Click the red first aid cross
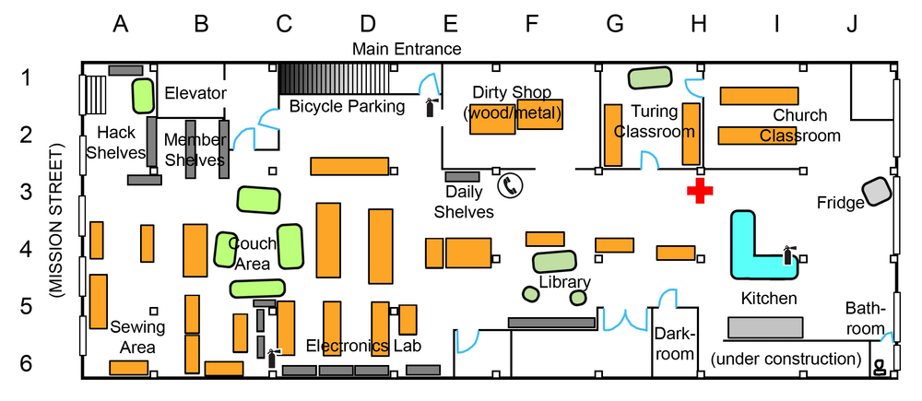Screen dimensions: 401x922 point(700,192)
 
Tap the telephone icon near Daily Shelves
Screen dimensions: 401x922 point(510,186)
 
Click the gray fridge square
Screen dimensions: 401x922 point(877,191)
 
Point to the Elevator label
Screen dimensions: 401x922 point(195,93)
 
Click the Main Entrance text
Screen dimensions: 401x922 point(407,48)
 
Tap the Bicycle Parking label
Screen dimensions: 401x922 point(347,106)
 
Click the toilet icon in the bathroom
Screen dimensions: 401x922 point(880,367)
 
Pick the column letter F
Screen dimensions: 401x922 point(531,24)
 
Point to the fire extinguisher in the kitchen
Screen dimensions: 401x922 point(788,254)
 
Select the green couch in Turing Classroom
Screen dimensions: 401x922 point(650,78)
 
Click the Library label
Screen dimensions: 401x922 point(563,282)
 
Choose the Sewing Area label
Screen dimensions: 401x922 point(136,336)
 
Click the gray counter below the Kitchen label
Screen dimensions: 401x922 point(764,326)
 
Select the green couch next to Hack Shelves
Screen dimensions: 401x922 point(141,94)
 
